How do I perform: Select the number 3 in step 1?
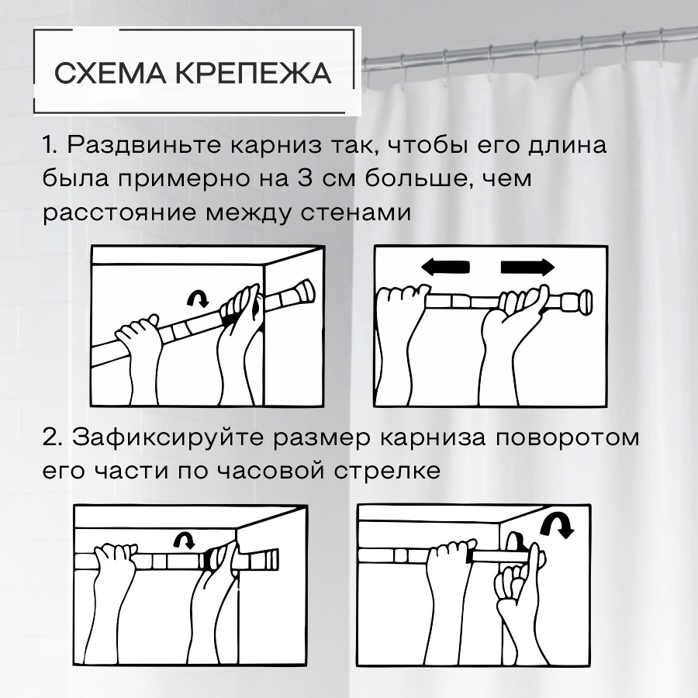pyautogui.click(x=304, y=178)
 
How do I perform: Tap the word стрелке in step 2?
pyautogui.click(x=387, y=471)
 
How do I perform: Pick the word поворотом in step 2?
pyautogui.click(x=567, y=438)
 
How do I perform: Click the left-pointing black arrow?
pyautogui.click(x=445, y=267)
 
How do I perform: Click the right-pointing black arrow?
pyautogui.click(x=528, y=267)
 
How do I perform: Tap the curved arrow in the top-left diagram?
pyautogui.click(x=198, y=297)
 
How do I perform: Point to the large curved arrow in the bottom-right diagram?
pyautogui.click(x=558, y=525)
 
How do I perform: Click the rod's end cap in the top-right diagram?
pyautogui.click(x=578, y=302)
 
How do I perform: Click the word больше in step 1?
pyautogui.click(x=419, y=178)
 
